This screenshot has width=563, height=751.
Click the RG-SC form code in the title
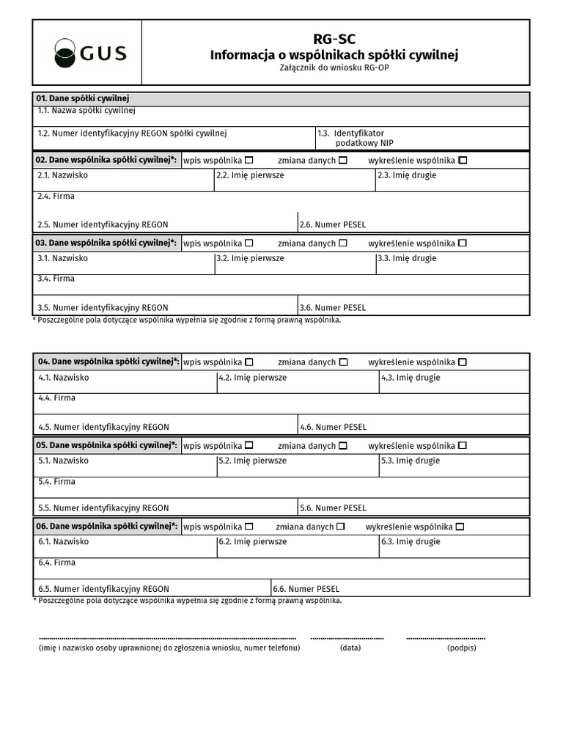pyautogui.click(x=334, y=40)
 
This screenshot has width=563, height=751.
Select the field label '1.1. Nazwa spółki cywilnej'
pyautogui.click(x=87, y=111)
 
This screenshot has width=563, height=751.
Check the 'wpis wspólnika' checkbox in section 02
pyautogui.click(x=249, y=160)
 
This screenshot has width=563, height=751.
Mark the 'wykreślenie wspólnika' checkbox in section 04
pyautogui.click(x=463, y=362)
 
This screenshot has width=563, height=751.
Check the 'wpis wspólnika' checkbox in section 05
pyautogui.click(x=249, y=445)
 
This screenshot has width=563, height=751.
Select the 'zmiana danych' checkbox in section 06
pyautogui.click(x=340, y=527)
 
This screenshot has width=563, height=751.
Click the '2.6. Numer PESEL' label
pyautogui.click(x=332, y=224)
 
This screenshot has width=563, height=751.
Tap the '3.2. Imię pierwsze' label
pyautogui.click(x=250, y=258)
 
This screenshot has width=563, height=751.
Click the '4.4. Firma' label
pyautogui.click(x=57, y=398)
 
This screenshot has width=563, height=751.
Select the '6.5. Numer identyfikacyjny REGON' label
pyautogui.click(x=103, y=589)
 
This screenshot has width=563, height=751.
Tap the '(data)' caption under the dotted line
pyautogui.click(x=350, y=648)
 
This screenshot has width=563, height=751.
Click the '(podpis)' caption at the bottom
pyautogui.click(x=461, y=648)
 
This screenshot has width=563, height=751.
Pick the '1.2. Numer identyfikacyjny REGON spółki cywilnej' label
pyautogui.click(x=132, y=133)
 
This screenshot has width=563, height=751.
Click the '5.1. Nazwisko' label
pyautogui.click(x=63, y=461)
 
